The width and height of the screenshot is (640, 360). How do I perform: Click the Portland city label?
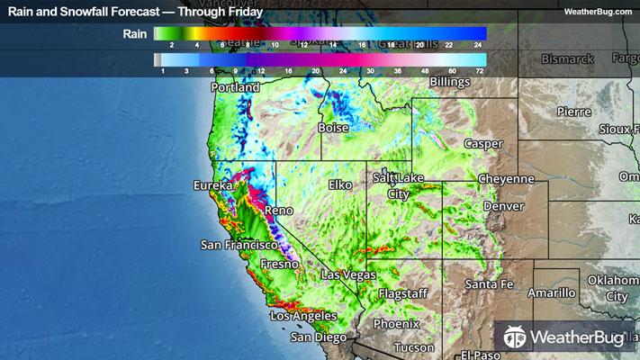[x=235, y=88]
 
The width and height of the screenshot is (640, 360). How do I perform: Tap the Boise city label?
[x=333, y=129]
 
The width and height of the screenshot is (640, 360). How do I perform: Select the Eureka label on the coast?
[x=213, y=185]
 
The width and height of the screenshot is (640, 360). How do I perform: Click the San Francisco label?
[x=239, y=244]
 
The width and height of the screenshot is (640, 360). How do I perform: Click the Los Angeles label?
[x=303, y=317]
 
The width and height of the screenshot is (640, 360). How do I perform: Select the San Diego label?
[x=318, y=337]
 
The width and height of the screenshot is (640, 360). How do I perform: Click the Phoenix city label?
[x=397, y=323]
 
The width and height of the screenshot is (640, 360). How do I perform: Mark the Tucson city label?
[x=413, y=346]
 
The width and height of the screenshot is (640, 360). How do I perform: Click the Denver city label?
[x=502, y=206]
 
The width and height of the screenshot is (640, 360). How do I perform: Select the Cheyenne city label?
[x=506, y=179]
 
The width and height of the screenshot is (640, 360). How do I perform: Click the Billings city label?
[x=450, y=82]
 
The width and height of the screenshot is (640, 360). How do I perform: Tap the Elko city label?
[x=340, y=184]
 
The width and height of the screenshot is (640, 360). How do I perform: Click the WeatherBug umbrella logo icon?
[x=515, y=337]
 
